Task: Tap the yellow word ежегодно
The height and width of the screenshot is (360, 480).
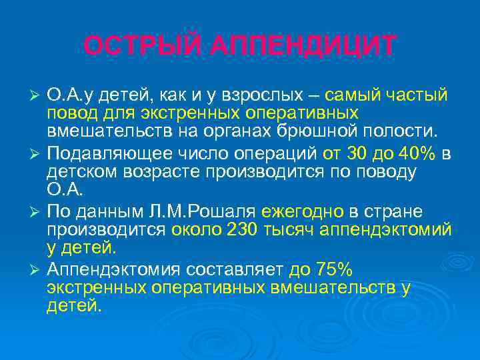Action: coord(302,212)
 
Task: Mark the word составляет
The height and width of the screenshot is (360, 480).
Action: coord(227,271)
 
